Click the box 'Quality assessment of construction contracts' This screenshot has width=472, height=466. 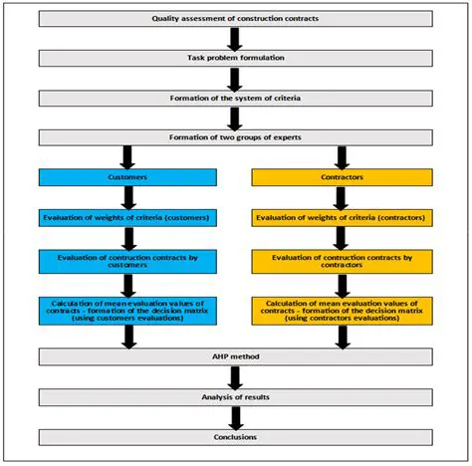(236, 19)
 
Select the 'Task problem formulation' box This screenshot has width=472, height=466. (236, 59)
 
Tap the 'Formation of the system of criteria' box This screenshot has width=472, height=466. (236, 98)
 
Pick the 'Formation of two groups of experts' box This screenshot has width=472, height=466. (236, 136)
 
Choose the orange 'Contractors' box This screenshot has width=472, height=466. (342, 176)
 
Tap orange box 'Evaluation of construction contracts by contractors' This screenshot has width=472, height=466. (342, 261)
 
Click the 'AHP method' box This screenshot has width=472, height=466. (236, 355)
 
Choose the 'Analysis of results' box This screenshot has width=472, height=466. (236, 396)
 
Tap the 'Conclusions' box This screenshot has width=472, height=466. (236, 436)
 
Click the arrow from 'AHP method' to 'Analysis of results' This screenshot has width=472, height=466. (236, 376)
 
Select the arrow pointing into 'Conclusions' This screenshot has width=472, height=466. (236, 416)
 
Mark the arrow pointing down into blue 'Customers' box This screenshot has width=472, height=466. (127, 156)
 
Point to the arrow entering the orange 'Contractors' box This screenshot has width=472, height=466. (342, 156)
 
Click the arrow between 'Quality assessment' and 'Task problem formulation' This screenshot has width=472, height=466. (236, 39)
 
